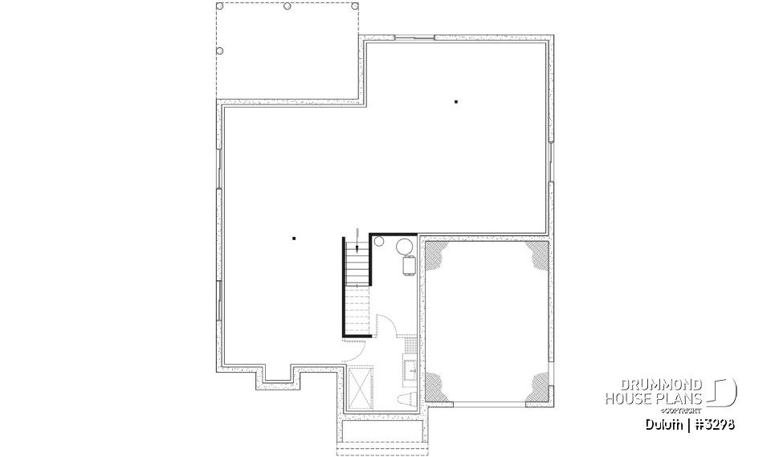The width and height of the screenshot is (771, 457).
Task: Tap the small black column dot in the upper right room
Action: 456,101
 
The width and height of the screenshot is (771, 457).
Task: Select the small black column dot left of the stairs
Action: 294,238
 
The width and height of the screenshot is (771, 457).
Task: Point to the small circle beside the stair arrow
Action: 379,241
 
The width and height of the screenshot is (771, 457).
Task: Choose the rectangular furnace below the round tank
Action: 407,264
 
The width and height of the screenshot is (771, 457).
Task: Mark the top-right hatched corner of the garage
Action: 536,255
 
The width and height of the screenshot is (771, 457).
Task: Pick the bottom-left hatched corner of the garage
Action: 437,387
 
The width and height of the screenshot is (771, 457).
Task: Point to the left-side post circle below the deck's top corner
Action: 222,49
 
